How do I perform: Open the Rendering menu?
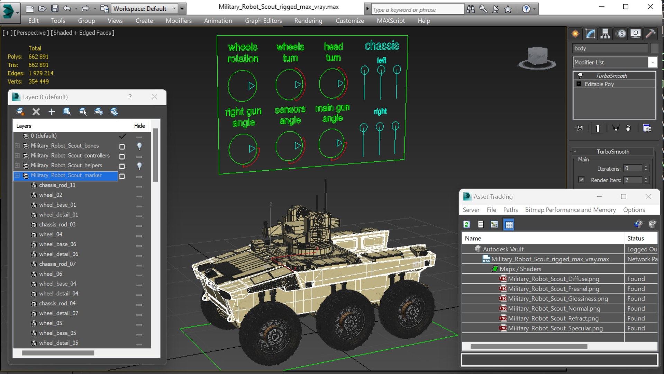(308, 21)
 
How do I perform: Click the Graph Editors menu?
(263, 21)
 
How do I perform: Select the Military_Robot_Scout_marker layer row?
(66, 176)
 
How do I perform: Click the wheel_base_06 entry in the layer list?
(57, 244)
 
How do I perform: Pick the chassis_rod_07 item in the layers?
(57, 264)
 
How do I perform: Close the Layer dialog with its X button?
(154, 97)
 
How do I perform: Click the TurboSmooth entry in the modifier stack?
(611, 76)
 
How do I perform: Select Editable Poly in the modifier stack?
(599, 84)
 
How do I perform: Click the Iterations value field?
(633, 169)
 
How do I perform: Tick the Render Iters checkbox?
(581, 180)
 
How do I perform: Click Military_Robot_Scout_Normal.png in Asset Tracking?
(554, 309)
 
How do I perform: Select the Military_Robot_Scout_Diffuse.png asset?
(553, 279)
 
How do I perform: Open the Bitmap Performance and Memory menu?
(570, 210)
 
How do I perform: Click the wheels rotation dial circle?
(242, 86)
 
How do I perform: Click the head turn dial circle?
(332, 83)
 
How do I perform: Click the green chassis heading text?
(382, 46)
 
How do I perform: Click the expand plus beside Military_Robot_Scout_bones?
(17, 146)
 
